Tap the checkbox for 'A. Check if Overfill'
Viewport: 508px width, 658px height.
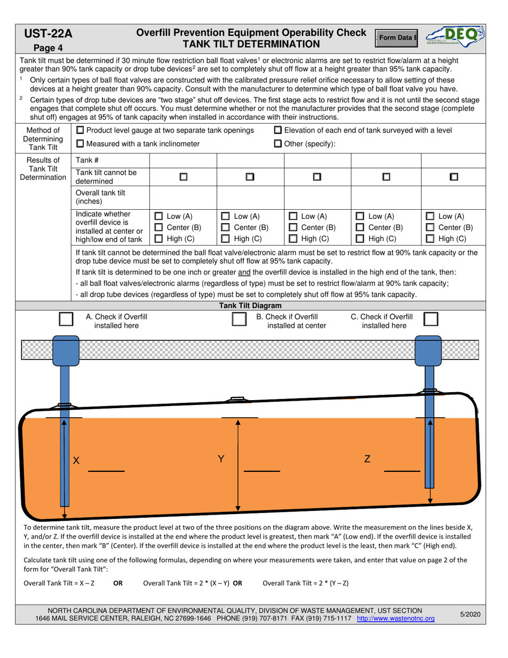(x=66, y=319)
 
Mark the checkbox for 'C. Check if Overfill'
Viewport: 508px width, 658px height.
(x=431, y=319)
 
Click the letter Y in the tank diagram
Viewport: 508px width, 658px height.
(x=221, y=459)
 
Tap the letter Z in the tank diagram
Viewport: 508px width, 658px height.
(x=367, y=459)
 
